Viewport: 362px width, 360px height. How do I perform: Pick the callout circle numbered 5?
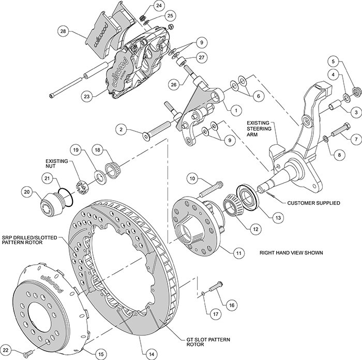[x=336, y=62]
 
